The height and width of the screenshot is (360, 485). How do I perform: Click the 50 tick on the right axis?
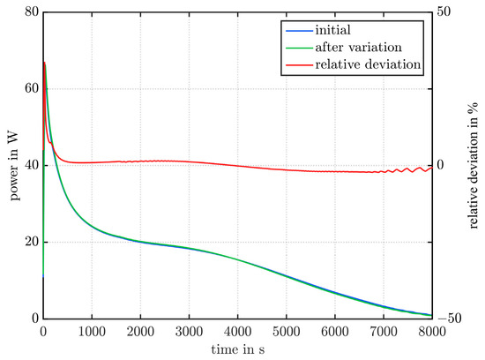pyautogui.click(x=445, y=12)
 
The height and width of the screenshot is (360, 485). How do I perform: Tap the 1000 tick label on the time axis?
pyautogui.click(x=92, y=331)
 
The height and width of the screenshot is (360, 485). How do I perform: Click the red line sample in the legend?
pyautogui.click(x=292, y=64)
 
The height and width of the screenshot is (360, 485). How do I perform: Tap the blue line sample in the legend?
pyautogui.click(x=292, y=29)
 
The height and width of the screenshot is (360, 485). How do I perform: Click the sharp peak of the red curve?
pyautogui.click(x=44, y=62)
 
